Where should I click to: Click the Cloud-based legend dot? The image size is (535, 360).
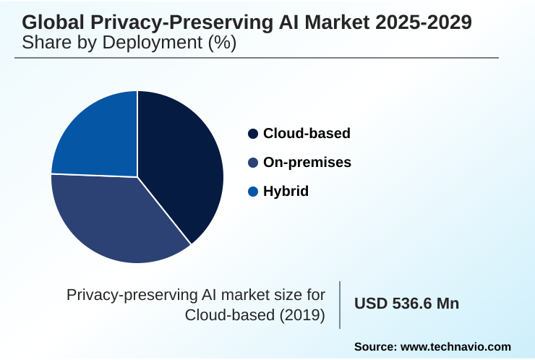[x=253, y=134]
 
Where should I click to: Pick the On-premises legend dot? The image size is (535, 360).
[x=253, y=163]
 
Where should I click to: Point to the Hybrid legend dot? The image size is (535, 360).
[x=253, y=192]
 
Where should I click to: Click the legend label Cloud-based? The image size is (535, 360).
[x=307, y=134]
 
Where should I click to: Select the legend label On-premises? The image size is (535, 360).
[x=307, y=163]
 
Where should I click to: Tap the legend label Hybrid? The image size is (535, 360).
[x=286, y=192]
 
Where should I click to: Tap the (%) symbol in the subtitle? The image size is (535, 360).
[x=221, y=43]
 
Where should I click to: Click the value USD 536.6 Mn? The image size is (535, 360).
[x=406, y=304]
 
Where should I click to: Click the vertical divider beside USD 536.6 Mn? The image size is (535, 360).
[x=340, y=305]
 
